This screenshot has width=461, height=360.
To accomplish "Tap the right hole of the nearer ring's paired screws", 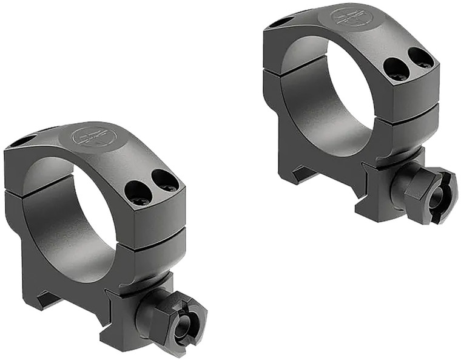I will (x=164, y=180).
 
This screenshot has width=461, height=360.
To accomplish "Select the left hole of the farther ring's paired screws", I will (x=395, y=69).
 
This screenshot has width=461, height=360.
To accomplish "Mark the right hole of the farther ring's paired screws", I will (x=420, y=58).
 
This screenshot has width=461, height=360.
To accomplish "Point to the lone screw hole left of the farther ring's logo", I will (x=280, y=22).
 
